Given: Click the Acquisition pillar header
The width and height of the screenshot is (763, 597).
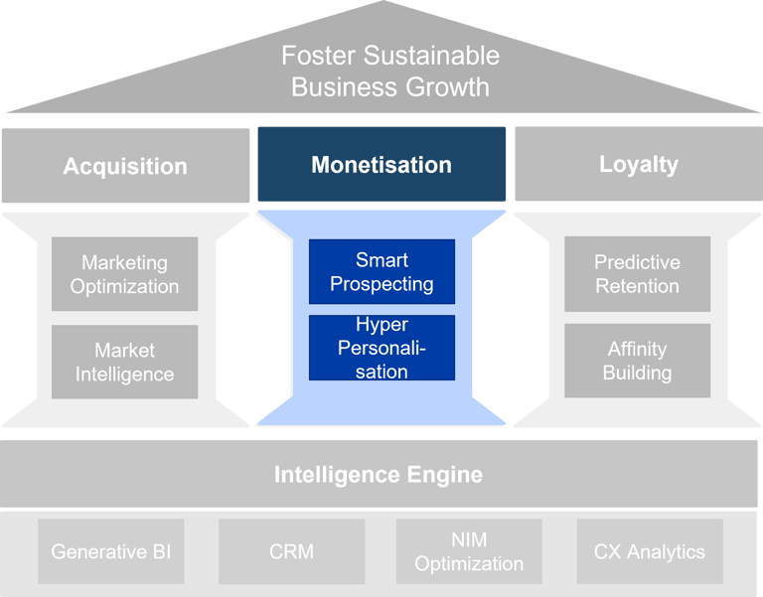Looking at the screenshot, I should (x=125, y=166).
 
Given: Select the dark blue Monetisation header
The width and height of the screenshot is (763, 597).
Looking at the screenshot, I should (x=381, y=165).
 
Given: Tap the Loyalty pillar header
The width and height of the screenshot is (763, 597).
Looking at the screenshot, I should (x=638, y=164).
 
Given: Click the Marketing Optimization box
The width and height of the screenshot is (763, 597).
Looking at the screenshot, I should (x=124, y=274).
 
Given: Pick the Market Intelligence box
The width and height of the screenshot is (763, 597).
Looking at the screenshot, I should (x=124, y=362).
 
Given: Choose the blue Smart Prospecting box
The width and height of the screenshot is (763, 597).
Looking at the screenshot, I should (x=381, y=271).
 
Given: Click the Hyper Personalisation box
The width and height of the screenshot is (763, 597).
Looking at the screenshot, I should (x=381, y=348).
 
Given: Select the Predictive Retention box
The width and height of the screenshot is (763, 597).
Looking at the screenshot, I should (x=637, y=273).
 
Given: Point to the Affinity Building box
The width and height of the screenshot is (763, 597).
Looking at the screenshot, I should (x=637, y=361).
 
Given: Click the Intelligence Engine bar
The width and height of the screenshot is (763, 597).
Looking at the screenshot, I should (x=379, y=474).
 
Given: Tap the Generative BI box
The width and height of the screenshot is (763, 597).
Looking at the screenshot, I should (x=111, y=551).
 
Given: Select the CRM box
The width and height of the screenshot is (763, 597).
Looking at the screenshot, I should (x=291, y=551).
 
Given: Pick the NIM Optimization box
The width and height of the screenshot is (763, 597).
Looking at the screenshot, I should (x=469, y=551).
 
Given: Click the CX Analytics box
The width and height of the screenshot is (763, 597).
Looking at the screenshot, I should (x=650, y=551).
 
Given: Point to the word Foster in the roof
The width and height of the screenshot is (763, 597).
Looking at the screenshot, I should (x=315, y=56).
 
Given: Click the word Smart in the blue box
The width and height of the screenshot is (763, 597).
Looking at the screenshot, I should (x=381, y=260).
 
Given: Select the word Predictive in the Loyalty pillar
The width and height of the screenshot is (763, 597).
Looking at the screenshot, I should (x=637, y=262).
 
